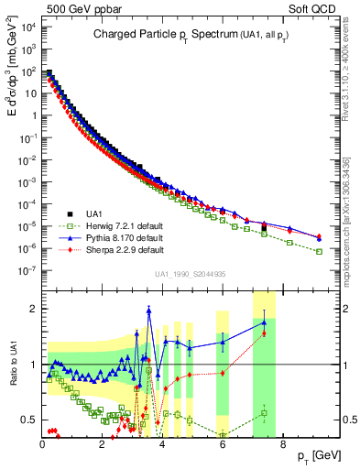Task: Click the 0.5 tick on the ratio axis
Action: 29,420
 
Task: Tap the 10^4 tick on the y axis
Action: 27,26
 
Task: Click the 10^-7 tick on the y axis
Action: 27,270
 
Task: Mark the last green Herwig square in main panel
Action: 319,251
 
